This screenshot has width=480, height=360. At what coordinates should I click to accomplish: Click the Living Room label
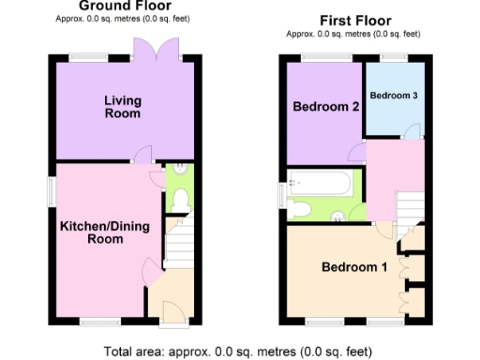pos(123,107)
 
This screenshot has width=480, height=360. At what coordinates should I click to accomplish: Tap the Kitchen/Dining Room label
pos(104,232)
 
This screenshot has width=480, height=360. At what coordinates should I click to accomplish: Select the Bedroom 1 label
pos(353,267)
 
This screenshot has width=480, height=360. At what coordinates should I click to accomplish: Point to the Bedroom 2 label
pos(326,107)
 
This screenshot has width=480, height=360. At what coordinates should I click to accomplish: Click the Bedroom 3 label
pos(394,96)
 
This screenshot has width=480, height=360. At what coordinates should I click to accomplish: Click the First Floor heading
pos(355,21)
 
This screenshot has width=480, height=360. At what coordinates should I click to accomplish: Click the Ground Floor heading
pos(124,5)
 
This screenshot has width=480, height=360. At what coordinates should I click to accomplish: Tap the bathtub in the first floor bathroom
pos(321,182)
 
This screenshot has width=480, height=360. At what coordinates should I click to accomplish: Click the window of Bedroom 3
pos(394,60)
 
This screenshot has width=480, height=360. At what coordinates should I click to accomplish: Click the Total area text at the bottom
pos(239,352)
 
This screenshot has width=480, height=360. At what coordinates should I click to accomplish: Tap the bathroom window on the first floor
pos(282,195)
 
